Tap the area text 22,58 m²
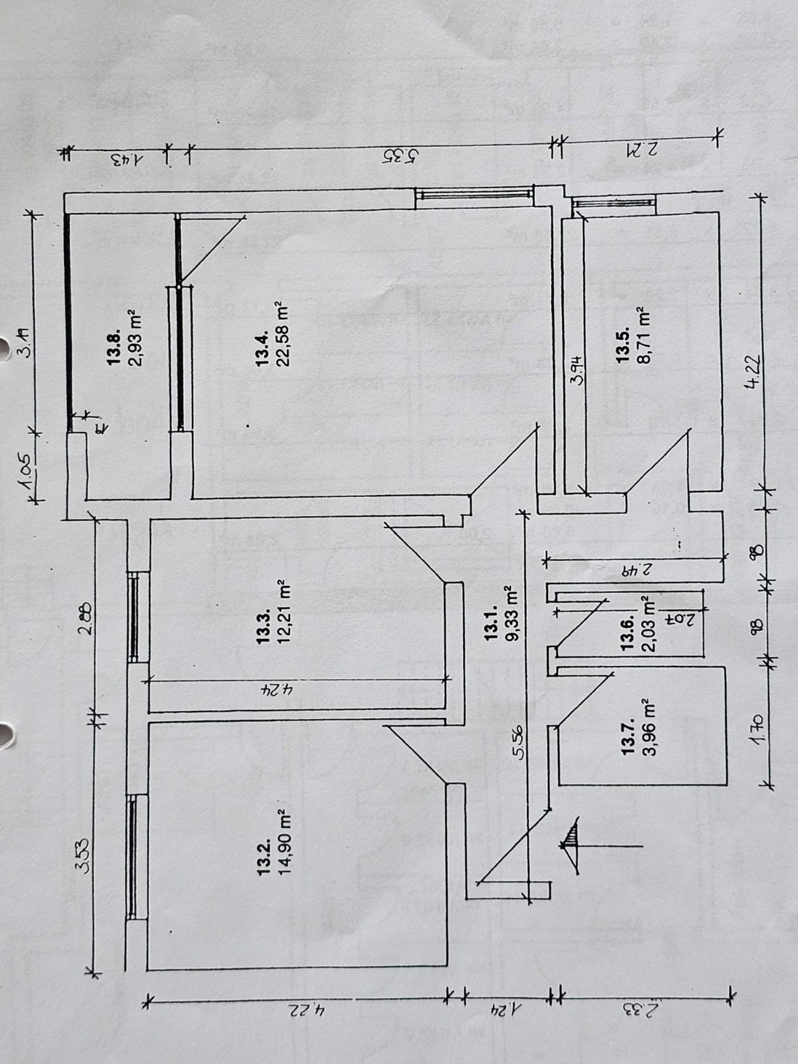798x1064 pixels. tap(283, 334)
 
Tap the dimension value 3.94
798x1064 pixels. tap(577, 371)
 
